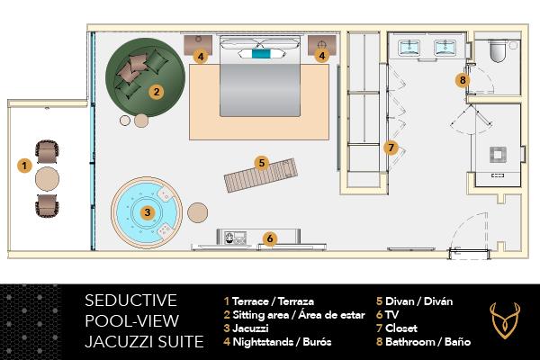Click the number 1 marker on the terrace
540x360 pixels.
click(24, 166)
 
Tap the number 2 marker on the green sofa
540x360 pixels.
click(156, 91)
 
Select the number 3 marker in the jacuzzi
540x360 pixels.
click(147, 212)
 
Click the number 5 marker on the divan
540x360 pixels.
click(261, 163)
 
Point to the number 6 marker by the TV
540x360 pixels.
click(268, 238)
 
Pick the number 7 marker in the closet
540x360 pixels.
click(390, 148)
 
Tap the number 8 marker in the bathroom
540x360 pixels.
click(463, 80)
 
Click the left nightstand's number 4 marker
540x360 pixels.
click(202, 57)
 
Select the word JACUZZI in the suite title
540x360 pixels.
click(118, 341)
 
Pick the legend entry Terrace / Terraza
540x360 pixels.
click(270, 301)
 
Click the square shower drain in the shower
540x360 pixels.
click(496, 154)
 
